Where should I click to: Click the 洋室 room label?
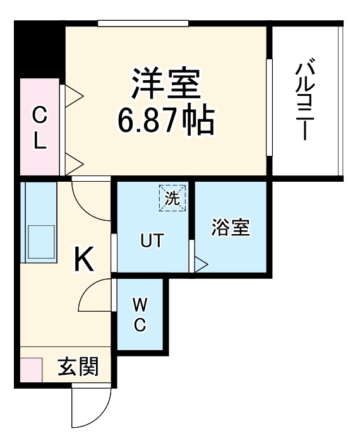tap(165, 83)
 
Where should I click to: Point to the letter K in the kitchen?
tap(85, 258)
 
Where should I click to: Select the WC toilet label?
tap(140, 315)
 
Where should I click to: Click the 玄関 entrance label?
tap(78, 367)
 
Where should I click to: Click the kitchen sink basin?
tap(39, 243)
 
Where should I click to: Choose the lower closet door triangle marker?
tap(74, 163)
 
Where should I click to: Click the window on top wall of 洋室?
tap(143, 24)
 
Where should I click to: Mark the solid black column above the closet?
tap(39, 50)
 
